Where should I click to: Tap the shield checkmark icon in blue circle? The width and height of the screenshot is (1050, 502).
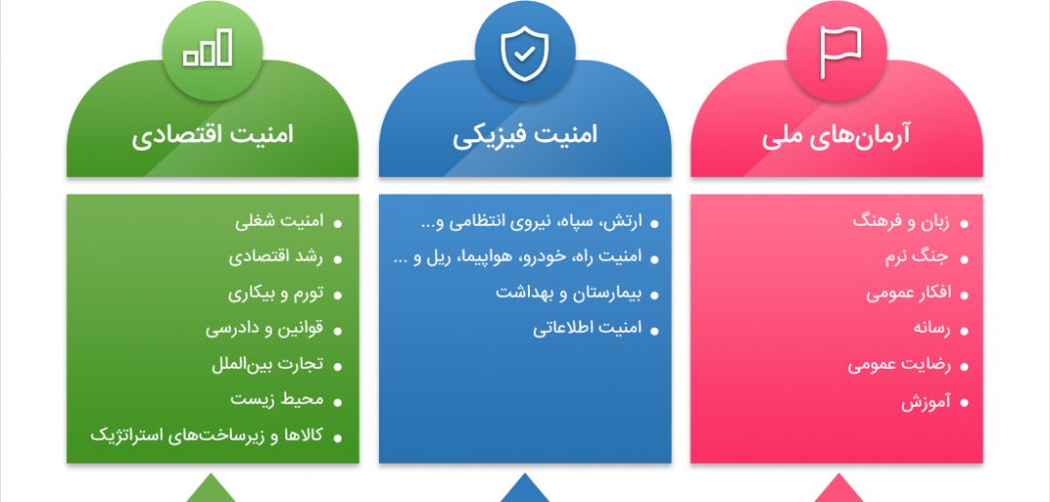[x=524, y=54]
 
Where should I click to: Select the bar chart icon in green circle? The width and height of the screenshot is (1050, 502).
[x=207, y=48]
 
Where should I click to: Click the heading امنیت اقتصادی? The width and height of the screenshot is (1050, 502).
[x=212, y=135]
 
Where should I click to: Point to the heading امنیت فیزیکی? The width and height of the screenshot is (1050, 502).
[x=524, y=135]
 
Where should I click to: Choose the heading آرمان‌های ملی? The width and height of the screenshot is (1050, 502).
[x=836, y=135]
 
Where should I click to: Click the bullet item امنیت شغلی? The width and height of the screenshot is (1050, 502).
[x=280, y=221]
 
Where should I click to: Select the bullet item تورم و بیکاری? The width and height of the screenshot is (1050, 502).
[x=276, y=293]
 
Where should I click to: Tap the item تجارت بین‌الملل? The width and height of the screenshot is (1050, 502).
[x=267, y=364]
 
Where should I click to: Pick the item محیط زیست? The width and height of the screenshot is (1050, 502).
[x=277, y=400]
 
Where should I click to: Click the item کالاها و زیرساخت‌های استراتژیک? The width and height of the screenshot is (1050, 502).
[x=206, y=436]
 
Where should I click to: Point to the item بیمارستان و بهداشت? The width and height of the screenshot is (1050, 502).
[x=569, y=293]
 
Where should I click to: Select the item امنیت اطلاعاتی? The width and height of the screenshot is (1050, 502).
[x=587, y=328]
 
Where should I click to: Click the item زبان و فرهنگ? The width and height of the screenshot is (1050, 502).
[x=901, y=221]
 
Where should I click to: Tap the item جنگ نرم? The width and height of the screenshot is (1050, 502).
[x=918, y=258]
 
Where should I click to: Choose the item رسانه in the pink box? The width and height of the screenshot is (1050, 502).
[x=931, y=328]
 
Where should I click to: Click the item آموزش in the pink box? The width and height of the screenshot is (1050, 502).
[x=925, y=401]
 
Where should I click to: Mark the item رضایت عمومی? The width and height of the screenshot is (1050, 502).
[x=899, y=365]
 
